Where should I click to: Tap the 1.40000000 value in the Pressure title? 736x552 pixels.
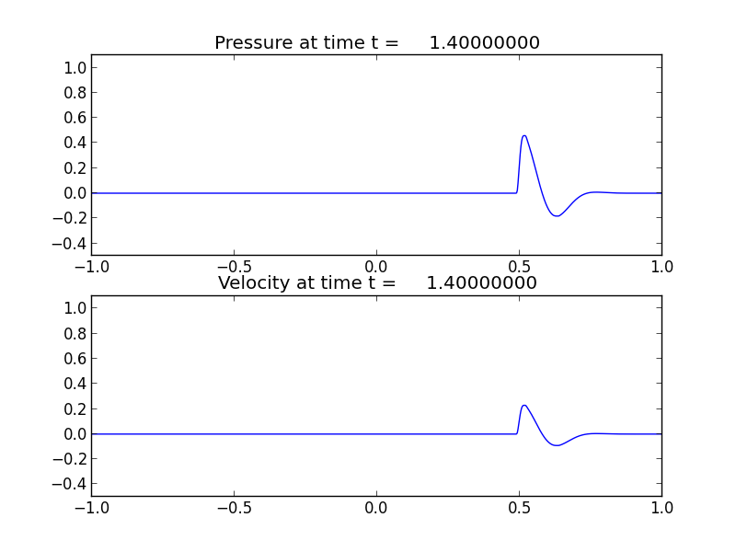[484, 43]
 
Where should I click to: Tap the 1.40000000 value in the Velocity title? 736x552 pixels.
[481, 283]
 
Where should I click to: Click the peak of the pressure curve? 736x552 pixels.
[523, 136]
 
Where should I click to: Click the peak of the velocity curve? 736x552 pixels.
[523, 406]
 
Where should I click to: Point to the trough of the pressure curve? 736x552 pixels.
[557, 216]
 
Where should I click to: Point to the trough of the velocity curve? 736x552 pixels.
[557, 445]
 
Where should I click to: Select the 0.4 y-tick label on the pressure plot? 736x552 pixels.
[75, 143]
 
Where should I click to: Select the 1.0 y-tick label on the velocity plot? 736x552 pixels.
[75, 308]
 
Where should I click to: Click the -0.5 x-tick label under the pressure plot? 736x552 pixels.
[234, 267]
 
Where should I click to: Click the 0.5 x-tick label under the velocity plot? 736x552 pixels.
[519, 508]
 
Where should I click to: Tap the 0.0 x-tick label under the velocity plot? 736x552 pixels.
[376, 508]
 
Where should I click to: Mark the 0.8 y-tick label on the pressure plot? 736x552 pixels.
[75, 93]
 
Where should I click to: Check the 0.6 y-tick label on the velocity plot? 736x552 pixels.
[75, 359]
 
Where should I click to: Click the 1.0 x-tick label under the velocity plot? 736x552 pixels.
[661, 508]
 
